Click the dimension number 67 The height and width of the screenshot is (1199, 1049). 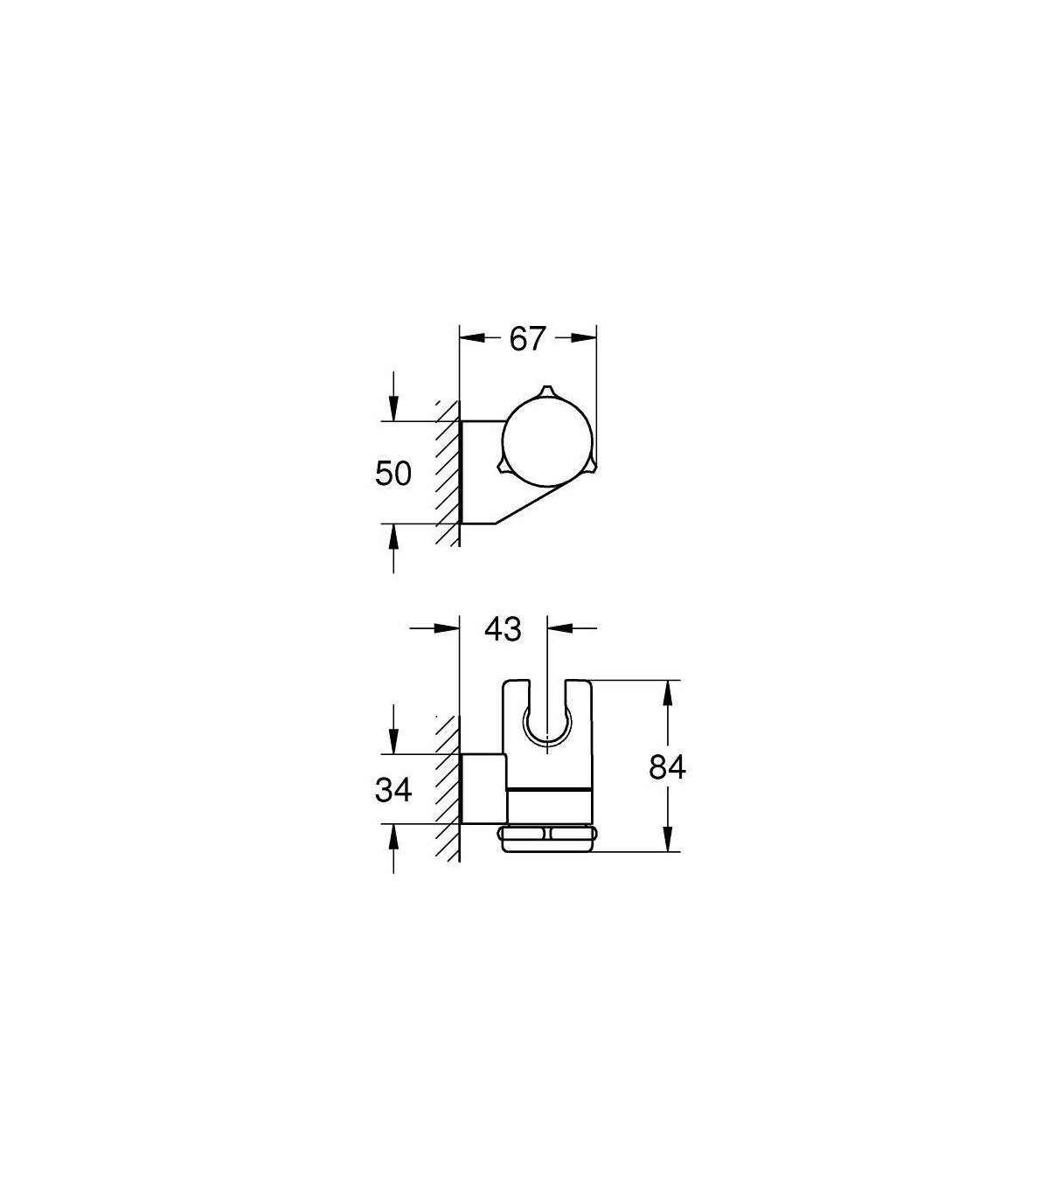click(527, 339)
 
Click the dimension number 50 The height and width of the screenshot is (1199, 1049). click(393, 473)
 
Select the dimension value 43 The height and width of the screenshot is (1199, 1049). click(503, 629)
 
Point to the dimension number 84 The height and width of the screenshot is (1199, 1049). click(667, 767)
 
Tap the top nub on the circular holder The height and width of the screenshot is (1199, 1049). click(546, 391)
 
